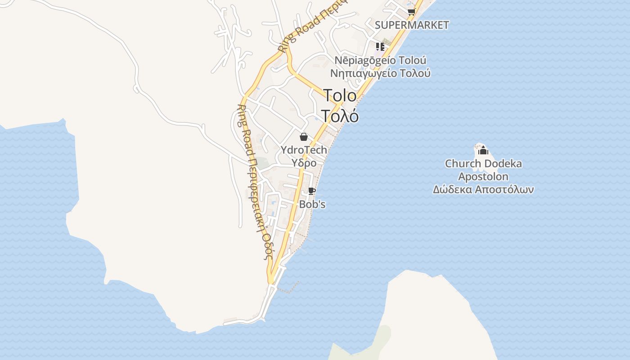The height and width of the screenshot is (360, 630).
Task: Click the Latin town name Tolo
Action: pos(340,95)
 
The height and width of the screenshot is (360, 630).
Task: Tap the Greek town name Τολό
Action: pos(340,116)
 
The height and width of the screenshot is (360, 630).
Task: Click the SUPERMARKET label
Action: pos(412,25)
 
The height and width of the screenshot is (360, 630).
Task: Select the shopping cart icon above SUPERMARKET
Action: pos(411,12)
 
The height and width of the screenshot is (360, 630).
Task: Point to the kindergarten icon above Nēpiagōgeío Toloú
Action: pos(380,46)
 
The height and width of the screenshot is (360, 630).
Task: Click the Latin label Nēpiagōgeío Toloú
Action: pos(380,60)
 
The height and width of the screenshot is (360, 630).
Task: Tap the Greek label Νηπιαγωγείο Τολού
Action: pos(380,73)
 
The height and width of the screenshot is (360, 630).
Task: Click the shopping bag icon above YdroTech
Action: pos(304,137)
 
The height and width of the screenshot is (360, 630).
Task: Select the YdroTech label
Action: pos(304,150)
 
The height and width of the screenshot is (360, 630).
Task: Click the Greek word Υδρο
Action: pos(304,163)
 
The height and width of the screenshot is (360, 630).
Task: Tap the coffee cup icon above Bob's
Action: pos(311,191)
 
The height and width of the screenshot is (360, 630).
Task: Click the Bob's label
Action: pos(312,204)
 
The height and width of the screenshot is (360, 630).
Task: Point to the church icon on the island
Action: pos(483,150)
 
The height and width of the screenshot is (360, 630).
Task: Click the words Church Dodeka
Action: pos(483,163)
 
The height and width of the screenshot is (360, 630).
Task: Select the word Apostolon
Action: pos(483,176)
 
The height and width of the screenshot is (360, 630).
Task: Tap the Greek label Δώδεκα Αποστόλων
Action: pos(483,189)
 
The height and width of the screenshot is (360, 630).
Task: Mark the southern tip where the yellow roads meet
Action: pos(271,281)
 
